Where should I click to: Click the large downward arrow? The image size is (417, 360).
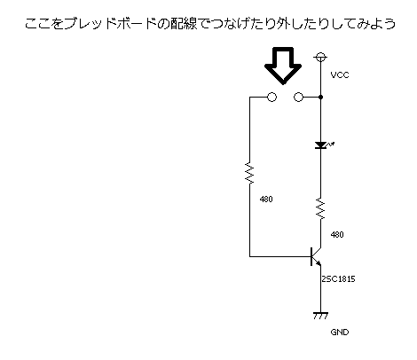click(x=283, y=66)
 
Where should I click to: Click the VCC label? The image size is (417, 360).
click(x=340, y=75)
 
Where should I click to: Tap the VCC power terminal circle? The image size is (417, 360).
click(x=320, y=57)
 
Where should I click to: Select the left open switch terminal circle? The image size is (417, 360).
click(x=271, y=97)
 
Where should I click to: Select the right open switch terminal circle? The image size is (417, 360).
click(x=298, y=97)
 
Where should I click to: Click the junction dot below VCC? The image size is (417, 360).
click(x=321, y=97)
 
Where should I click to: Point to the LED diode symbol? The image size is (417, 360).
click(x=321, y=145)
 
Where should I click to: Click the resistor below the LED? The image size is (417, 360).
click(x=320, y=208)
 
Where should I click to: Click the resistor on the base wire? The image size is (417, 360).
click(x=249, y=173)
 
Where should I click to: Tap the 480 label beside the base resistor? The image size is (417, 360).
click(x=266, y=200)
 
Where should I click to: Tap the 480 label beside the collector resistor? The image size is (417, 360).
click(x=337, y=235)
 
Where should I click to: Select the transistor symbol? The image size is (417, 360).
click(x=315, y=256)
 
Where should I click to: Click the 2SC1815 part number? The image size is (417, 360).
click(x=338, y=278)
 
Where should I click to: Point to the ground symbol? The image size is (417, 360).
click(x=320, y=316)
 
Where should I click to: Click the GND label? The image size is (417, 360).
click(x=340, y=333)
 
